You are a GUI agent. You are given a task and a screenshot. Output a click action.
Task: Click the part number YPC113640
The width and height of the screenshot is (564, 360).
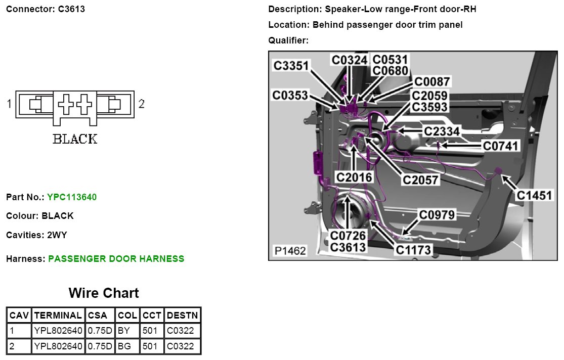71,197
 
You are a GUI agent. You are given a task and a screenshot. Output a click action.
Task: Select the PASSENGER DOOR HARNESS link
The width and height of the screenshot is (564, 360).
116,259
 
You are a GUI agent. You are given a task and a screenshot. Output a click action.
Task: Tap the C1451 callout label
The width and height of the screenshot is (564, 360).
535,195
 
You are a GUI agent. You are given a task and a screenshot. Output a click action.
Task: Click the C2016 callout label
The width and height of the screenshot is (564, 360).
354,177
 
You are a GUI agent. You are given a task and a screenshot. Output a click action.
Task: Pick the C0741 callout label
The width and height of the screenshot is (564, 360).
501,146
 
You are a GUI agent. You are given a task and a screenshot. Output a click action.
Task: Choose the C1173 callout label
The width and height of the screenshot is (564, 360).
413,249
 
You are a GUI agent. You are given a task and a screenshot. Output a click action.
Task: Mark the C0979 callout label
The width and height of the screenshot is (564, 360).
437,215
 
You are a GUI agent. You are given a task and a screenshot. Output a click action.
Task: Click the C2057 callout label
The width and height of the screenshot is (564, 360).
420,179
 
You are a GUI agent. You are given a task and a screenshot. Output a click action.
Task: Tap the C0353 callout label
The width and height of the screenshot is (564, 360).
290,95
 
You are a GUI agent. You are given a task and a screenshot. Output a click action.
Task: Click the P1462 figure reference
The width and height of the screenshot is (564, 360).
290,251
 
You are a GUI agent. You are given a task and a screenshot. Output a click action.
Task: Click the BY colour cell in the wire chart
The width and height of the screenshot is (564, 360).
123,331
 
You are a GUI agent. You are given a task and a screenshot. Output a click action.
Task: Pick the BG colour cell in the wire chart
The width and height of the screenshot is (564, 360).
124,347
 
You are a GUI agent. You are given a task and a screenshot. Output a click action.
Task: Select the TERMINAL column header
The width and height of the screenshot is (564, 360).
58,315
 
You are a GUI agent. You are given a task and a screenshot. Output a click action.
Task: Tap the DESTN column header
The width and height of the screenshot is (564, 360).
183,315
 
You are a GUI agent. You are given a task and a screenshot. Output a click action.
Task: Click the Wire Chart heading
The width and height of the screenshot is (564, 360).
104,293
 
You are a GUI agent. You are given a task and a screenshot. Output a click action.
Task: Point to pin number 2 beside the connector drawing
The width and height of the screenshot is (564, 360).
142,104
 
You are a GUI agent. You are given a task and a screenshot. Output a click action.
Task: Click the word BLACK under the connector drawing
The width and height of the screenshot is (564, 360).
75,139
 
